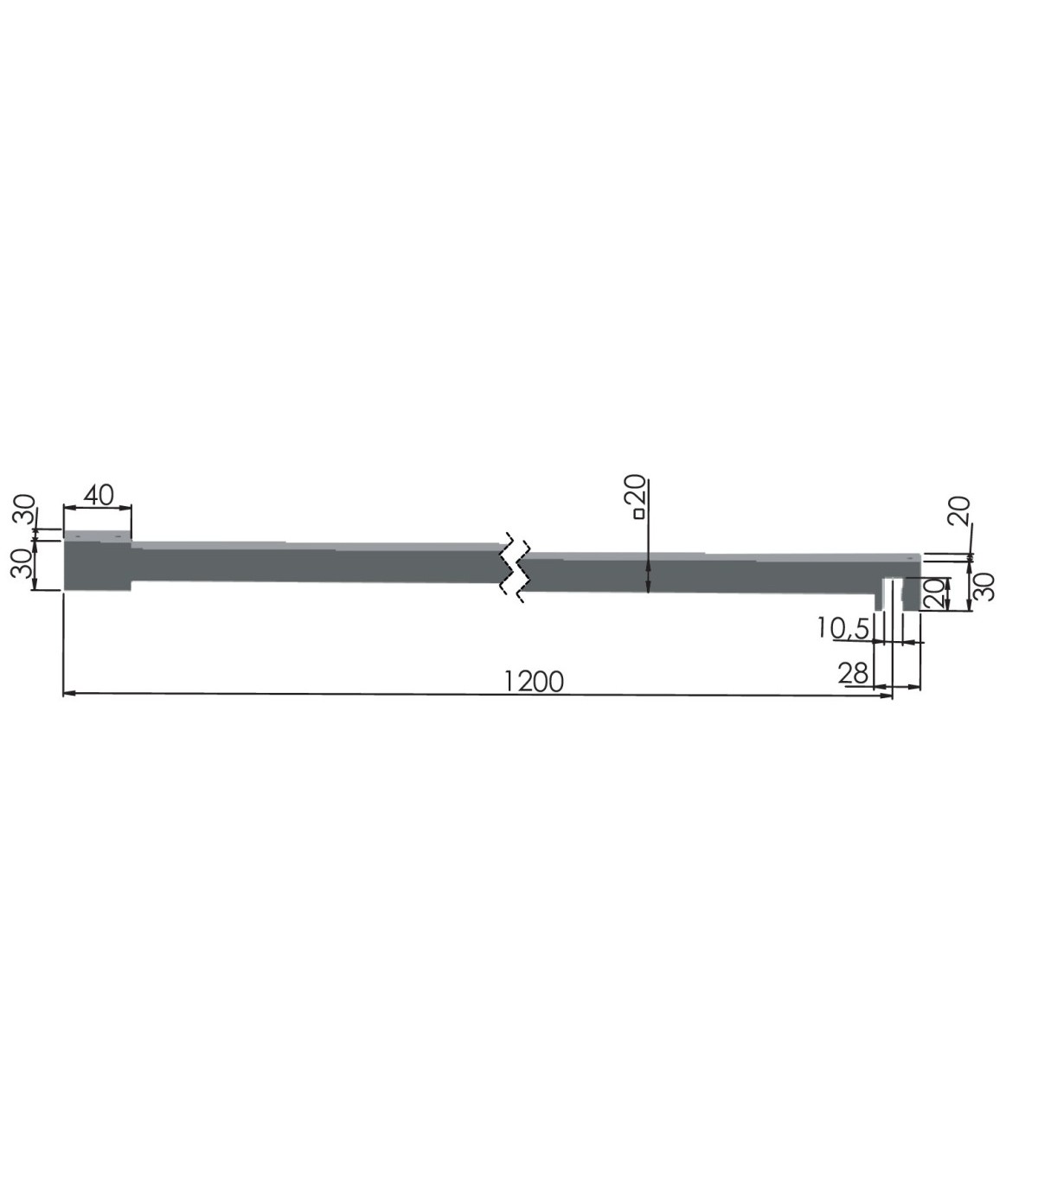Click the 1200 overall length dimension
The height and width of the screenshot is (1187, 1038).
[534, 683]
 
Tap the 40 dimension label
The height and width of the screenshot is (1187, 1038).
[99, 496]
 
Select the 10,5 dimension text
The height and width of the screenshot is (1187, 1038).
[843, 628]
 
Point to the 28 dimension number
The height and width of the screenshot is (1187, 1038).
[853, 673]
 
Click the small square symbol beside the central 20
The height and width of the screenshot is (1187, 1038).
[639, 513]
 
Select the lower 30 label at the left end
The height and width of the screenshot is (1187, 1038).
[22, 563]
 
